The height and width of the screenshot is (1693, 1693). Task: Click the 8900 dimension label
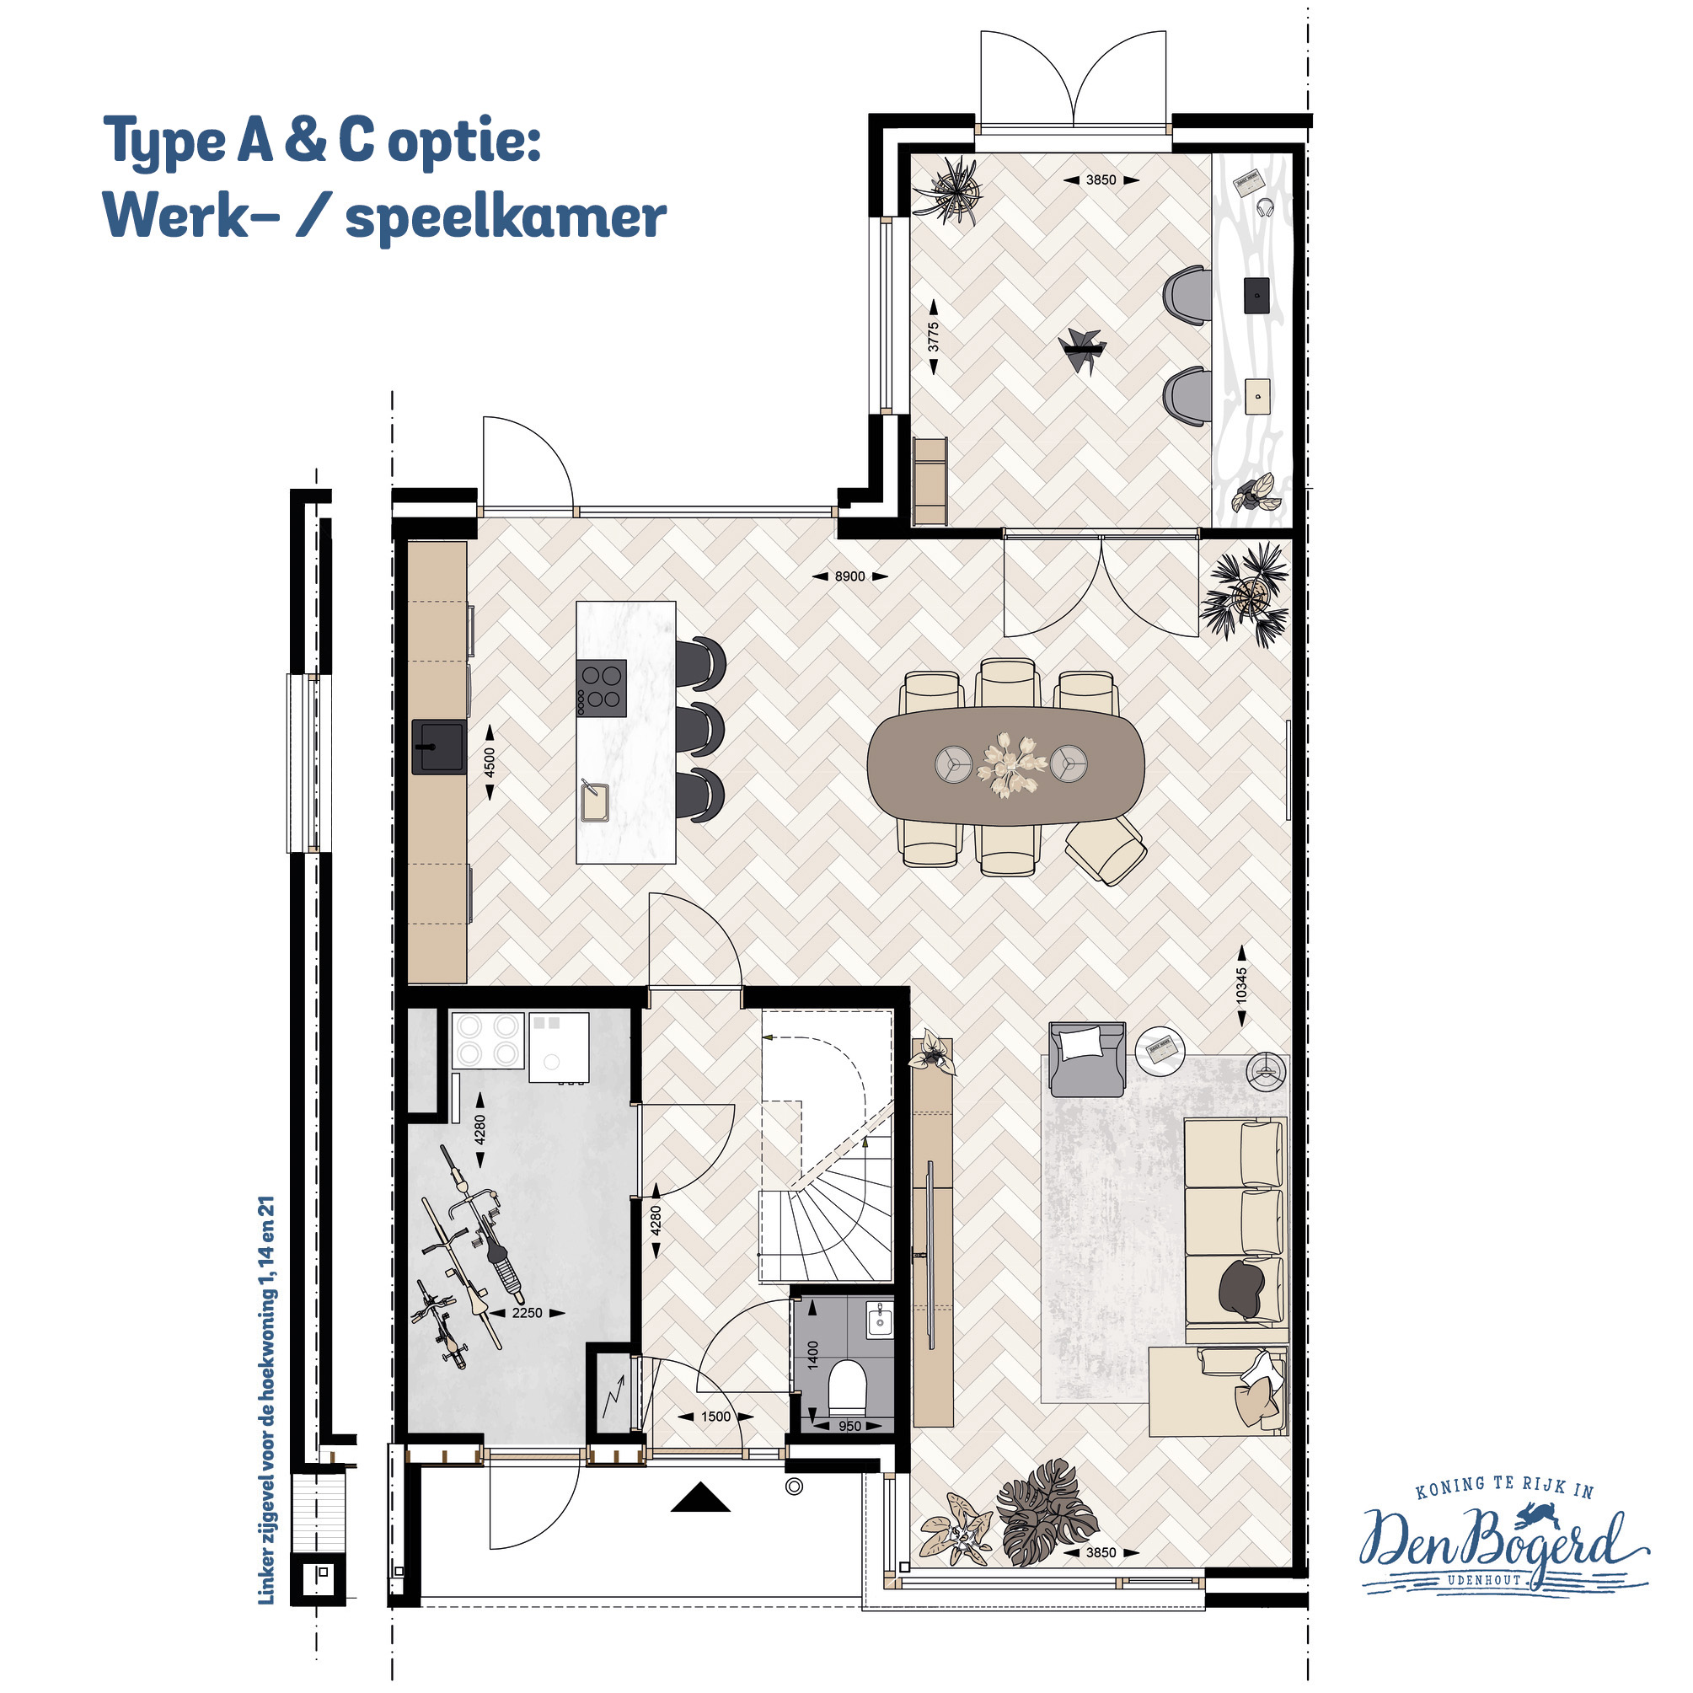pyautogui.click(x=849, y=576)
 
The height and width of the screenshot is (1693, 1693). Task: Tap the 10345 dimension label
pyautogui.click(x=1241, y=986)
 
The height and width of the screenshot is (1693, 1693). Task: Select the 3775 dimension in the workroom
pyautogui.click(x=933, y=337)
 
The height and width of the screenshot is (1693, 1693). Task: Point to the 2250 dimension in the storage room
pyautogui.click(x=527, y=1313)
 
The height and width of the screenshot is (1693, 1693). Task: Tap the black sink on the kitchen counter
pyautogui.click(x=439, y=747)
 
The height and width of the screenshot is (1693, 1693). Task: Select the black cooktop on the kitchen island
pyautogui.click(x=601, y=688)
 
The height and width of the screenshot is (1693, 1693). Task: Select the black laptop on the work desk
pyautogui.click(x=1257, y=295)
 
